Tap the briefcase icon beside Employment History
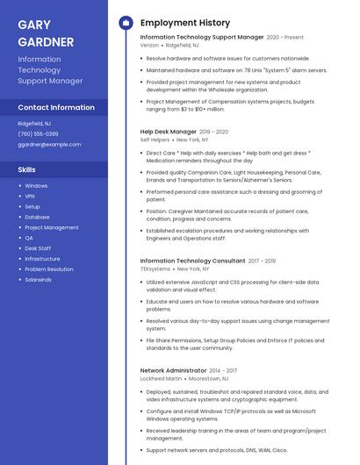tap(126, 23)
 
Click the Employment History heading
tap(185, 23)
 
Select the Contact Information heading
tap(56, 108)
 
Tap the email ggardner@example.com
tap(49, 144)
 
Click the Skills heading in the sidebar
tap(27, 169)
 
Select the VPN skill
tap(30, 196)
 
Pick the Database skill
tap(37, 217)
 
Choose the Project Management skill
tap(51, 227)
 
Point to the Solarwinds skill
tap(38, 279)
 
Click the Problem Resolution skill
tap(49, 268)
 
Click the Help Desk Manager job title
tap(168, 132)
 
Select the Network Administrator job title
tap(173, 370)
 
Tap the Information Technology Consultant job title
tap(192, 261)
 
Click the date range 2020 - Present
tap(285, 38)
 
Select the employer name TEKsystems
tap(155, 268)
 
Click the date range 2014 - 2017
tap(230, 370)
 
